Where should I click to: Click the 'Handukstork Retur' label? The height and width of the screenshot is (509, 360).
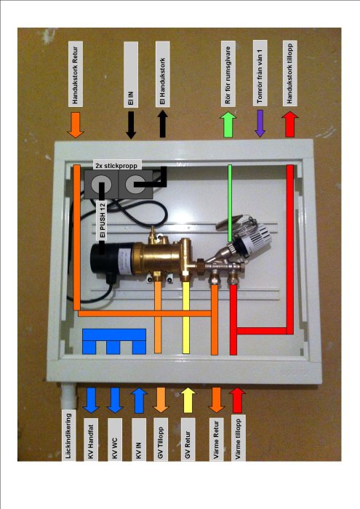tap(76, 73)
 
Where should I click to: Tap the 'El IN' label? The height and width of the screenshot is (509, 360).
tap(131, 74)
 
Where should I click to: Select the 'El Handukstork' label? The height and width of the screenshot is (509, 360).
tap(162, 73)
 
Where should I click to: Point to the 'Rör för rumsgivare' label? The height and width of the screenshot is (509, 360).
tap(228, 73)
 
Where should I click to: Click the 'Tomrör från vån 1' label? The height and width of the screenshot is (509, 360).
tap(260, 73)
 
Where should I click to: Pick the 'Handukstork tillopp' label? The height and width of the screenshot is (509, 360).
tap(289, 73)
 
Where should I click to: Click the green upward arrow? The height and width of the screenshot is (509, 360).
tap(228, 124)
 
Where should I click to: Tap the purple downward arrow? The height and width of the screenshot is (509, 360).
tap(260, 124)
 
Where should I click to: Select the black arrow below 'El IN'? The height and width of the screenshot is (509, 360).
tap(131, 125)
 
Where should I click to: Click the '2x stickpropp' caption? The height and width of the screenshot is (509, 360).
tap(116, 165)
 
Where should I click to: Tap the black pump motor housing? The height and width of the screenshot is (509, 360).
tap(103, 257)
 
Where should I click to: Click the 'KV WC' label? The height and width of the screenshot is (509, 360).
tap(115, 439)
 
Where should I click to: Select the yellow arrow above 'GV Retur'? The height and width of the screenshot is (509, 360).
tap(188, 400)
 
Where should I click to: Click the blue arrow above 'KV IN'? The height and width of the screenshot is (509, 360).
tap(139, 400)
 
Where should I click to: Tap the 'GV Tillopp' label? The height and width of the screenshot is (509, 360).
tap(160, 439)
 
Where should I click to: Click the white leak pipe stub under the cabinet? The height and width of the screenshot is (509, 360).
tap(69, 396)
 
